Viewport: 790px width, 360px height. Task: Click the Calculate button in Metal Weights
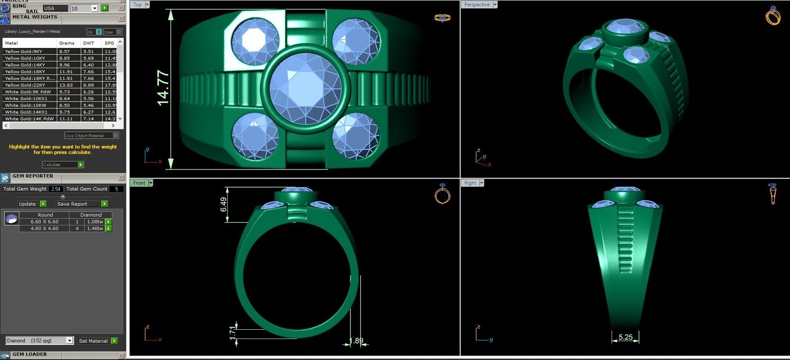coord(63,164)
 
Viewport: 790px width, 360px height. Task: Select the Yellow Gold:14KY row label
coord(25,65)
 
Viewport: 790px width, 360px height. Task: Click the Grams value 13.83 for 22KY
coord(66,85)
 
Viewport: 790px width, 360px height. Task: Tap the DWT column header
coord(89,43)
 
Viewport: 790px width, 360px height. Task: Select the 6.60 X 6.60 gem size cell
coord(44,222)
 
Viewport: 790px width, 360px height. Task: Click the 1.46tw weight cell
coord(95,228)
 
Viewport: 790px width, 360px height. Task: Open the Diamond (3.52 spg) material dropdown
coord(69,341)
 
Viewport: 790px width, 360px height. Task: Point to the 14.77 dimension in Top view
coord(163,88)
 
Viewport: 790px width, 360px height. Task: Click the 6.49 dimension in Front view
coord(223,205)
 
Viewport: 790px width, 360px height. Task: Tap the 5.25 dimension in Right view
coord(625,337)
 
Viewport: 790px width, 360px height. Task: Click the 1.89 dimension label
coord(356,341)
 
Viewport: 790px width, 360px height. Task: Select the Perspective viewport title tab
coord(477,5)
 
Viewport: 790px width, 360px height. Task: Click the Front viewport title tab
coord(139,183)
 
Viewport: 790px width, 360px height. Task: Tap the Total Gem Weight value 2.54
coord(56,189)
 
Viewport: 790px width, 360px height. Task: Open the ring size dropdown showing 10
coord(95,8)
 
